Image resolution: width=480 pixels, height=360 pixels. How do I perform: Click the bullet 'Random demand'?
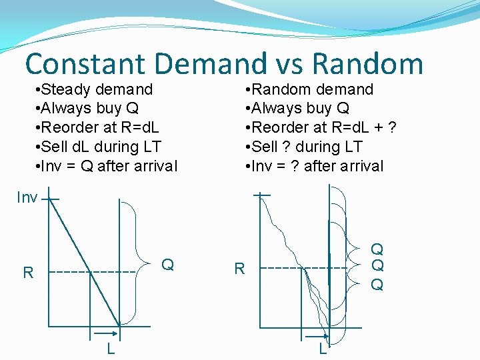point(309,89)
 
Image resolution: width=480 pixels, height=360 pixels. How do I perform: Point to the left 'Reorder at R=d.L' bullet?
point(100,127)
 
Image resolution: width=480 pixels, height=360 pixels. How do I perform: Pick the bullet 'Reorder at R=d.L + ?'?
point(321,127)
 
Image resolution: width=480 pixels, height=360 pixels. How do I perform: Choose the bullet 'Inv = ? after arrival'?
point(315,166)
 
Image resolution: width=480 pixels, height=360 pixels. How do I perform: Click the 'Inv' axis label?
point(27,198)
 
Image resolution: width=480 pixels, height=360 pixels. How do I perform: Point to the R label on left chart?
point(28,273)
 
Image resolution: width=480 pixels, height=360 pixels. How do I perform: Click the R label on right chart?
point(239,269)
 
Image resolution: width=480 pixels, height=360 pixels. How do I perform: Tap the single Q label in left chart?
point(168,265)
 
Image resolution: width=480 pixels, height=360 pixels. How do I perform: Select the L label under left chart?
point(111,349)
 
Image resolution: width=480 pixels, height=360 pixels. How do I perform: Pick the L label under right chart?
point(323,349)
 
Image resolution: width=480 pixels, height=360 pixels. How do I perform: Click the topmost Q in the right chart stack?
point(377,250)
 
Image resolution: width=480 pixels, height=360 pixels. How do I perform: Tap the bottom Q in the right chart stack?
point(377,285)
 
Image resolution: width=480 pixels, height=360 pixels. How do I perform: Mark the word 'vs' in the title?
point(287,64)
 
